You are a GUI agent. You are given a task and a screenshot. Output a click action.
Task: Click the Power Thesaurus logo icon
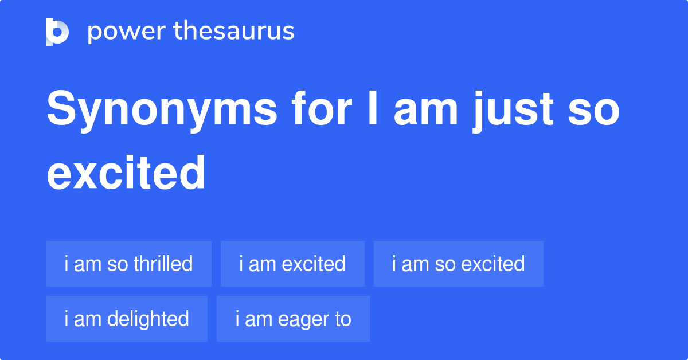coord(57,32)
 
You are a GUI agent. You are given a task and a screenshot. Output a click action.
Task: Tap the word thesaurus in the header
coord(234,32)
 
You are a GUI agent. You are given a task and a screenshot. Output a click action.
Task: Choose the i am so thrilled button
coord(128,264)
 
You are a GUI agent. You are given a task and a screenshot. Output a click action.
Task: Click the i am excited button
coord(292,264)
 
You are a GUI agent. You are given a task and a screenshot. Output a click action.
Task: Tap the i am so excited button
coord(458,264)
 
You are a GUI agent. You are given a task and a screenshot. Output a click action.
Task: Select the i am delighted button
coord(127,319)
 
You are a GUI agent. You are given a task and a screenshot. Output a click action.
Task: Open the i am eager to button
coord(293,319)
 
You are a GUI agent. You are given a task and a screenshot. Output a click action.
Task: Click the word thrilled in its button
coord(163,264)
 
